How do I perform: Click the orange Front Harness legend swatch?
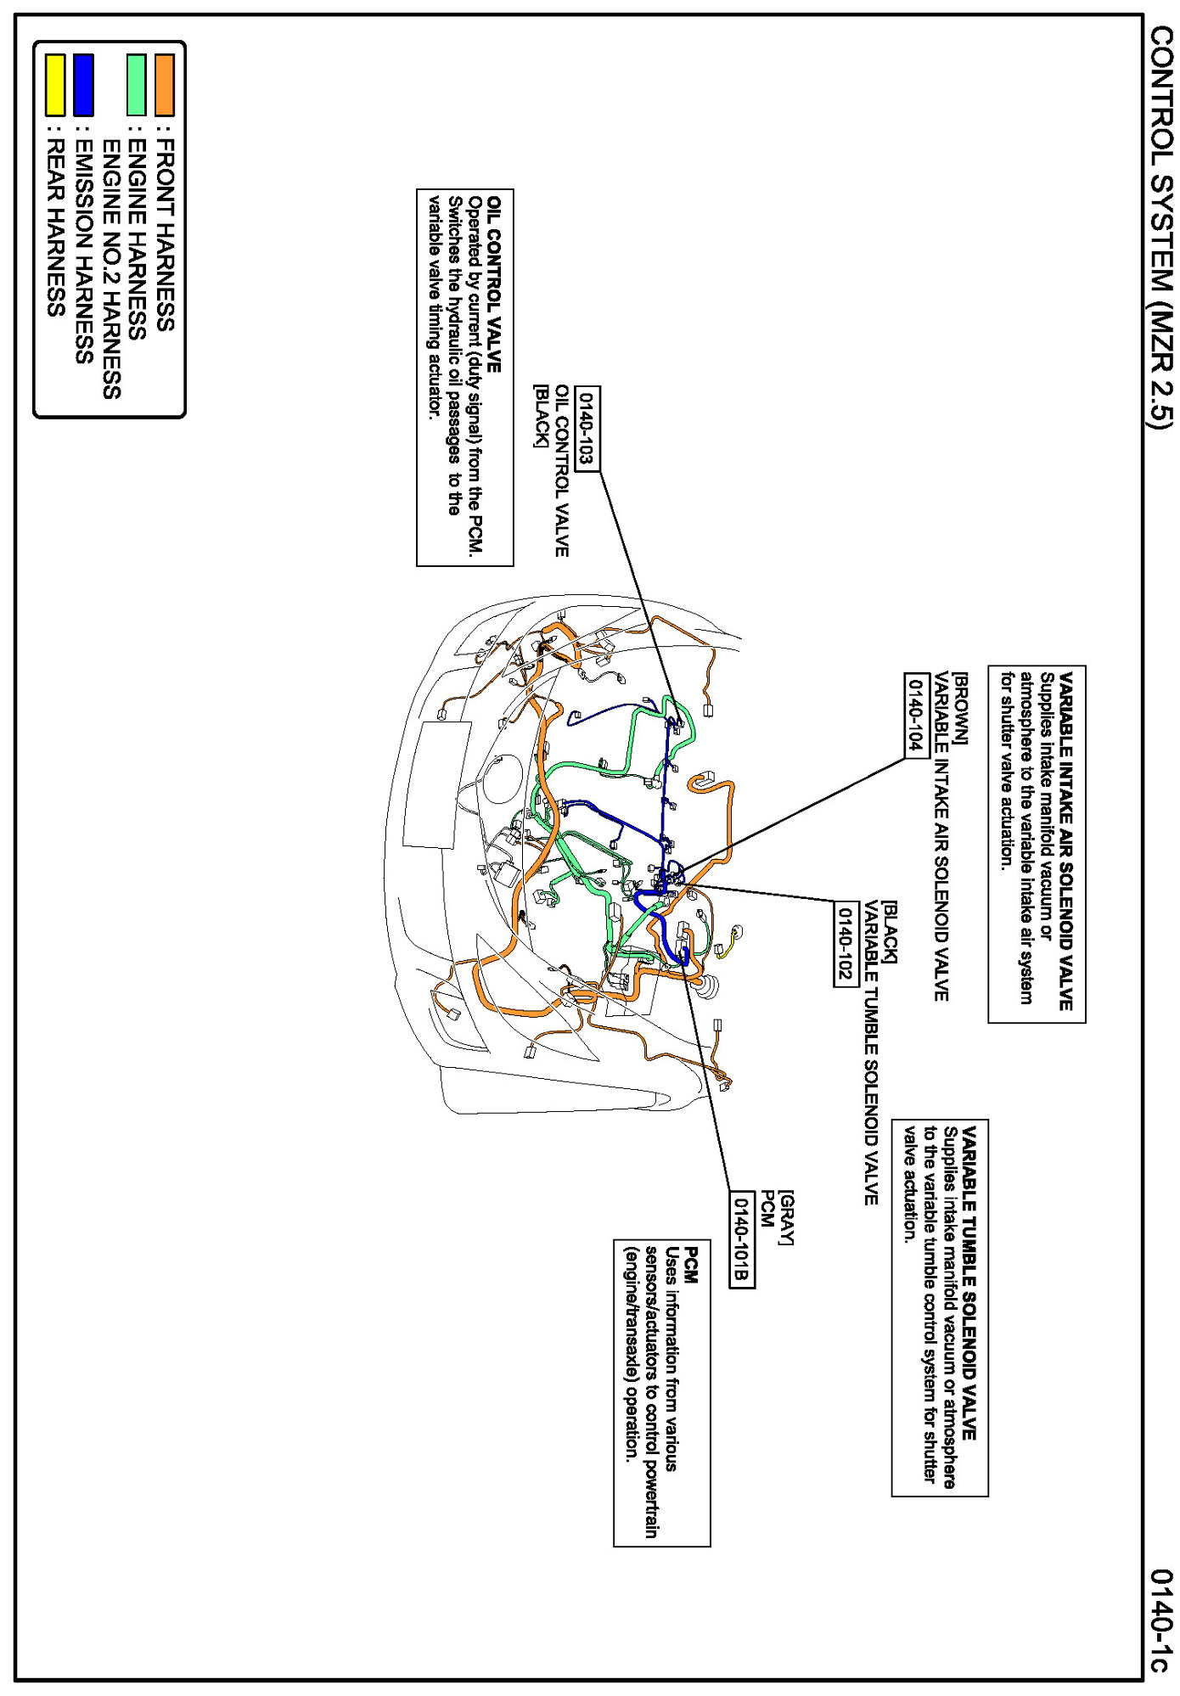165,85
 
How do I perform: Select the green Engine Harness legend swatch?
136,85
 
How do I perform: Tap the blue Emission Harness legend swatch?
83,85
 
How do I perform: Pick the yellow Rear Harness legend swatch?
55,85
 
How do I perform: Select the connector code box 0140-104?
916,715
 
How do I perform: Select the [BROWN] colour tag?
960,709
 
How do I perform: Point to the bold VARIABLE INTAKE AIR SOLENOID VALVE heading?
1066,840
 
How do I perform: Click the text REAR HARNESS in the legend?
56,227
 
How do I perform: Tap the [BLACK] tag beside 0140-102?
889,933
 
